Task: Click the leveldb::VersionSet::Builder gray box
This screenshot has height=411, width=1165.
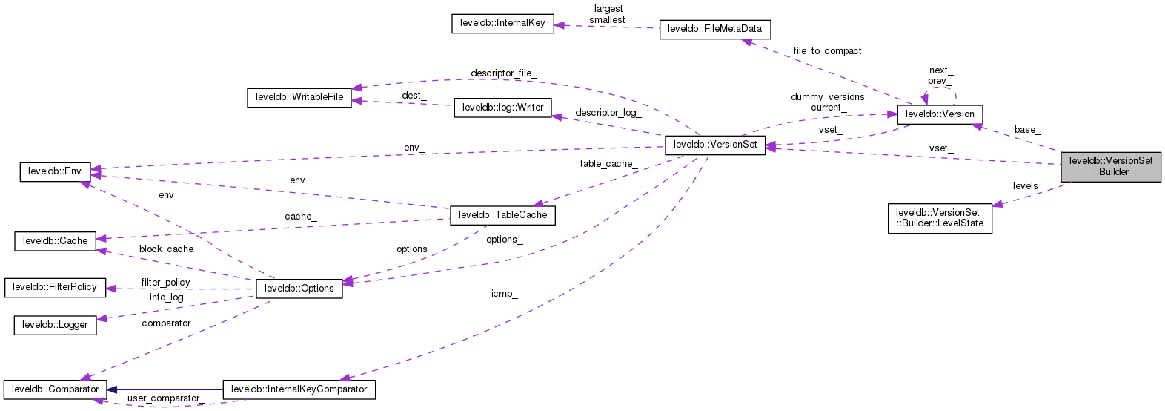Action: point(1110,166)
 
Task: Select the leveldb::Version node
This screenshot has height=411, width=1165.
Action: point(940,114)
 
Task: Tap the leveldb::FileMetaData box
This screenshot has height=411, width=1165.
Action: point(714,29)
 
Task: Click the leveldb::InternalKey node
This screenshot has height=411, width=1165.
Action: point(502,23)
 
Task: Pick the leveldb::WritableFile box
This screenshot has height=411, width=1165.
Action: point(299,97)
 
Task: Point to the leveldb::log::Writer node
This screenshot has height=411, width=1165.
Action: point(502,108)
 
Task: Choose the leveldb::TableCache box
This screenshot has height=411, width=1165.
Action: point(502,215)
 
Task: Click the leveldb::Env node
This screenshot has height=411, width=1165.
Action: point(55,171)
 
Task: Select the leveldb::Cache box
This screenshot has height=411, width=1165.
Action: point(55,241)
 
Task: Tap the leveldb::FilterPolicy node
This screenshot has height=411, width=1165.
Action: point(55,287)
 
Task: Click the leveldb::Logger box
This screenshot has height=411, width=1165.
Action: point(55,325)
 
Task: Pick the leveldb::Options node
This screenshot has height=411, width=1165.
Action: point(299,289)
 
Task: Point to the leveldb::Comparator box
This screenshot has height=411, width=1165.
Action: point(55,389)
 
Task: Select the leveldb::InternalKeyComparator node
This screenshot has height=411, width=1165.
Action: point(299,389)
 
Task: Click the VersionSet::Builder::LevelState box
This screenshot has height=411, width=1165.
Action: point(940,218)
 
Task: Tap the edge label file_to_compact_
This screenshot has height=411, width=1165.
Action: point(829,51)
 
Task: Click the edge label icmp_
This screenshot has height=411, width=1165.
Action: point(504,294)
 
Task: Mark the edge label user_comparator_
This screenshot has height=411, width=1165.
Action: point(165,398)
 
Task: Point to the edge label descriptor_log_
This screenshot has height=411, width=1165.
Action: point(608,113)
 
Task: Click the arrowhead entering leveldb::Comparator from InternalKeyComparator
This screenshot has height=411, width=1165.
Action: point(112,389)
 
